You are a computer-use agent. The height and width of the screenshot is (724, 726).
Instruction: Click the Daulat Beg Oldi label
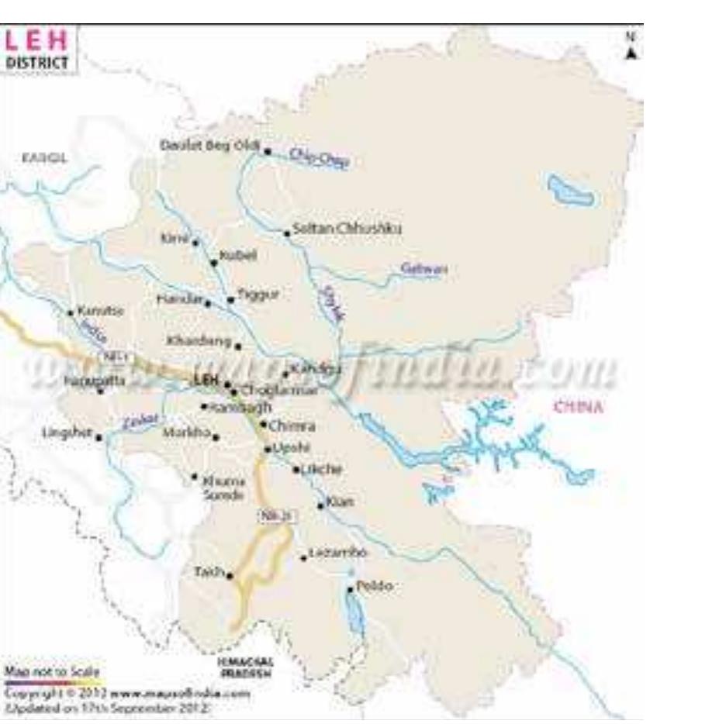click(x=209, y=145)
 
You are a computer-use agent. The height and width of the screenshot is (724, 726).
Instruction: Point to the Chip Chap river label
click(x=319, y=157)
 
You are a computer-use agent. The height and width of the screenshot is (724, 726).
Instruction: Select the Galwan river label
click(x=423, y=269)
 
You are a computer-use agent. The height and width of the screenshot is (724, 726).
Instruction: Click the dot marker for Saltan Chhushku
click(x=286, y=233)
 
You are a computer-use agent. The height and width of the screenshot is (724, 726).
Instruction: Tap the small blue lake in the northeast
click(x=570, y=191)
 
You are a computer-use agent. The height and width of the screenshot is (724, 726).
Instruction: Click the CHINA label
click(x=577, y=406)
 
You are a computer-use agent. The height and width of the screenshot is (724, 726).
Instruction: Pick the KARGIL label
click(x=44, y=157)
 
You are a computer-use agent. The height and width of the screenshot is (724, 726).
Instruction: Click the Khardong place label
click(x=199, y=340)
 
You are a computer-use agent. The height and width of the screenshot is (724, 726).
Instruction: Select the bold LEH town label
click(x=205, y=381)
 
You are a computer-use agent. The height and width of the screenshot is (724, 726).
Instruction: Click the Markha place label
click(x=186, y=433)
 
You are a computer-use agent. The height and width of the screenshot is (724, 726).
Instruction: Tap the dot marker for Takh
click(x=230, y=575)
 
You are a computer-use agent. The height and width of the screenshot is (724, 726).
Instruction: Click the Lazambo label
click(x=337, y=553)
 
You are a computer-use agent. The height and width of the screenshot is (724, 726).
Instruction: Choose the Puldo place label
click(x=374, y=586)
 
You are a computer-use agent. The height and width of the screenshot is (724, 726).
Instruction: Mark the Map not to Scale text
click(x=52, y=671)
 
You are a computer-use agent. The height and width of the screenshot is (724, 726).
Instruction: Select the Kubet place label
click(x=237, y=255)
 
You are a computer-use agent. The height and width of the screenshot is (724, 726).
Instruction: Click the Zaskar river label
click(x=140, y=421)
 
